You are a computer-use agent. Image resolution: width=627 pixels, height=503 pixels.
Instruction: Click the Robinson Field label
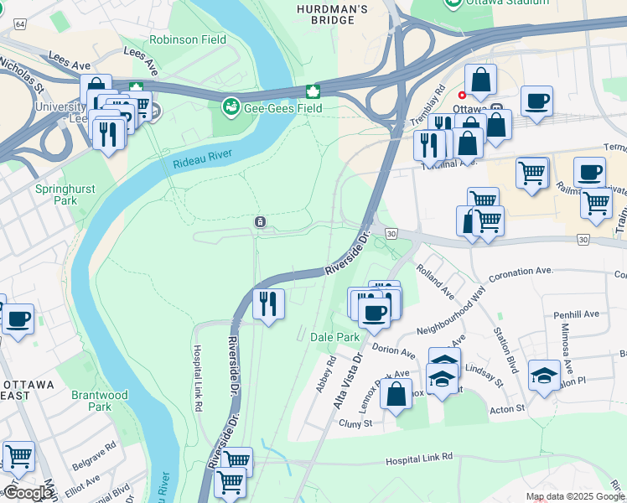(185, 39)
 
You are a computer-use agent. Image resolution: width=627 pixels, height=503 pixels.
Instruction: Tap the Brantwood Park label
(100, 401)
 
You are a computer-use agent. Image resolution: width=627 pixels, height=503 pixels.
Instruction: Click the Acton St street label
(506, 408)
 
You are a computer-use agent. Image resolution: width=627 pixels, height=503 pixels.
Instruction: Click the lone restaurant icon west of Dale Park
(268, 303)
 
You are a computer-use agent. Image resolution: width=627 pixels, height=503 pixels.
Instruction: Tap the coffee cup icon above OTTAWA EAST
(18, 319)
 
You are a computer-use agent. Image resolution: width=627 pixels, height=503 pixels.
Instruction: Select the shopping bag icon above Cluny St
(396, 393)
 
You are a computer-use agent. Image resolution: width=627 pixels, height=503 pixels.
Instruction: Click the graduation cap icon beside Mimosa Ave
(544, 375)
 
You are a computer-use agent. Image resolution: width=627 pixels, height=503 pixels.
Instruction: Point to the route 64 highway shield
(18, 24)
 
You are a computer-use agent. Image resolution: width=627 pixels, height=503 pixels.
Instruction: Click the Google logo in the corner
(28, 493)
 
